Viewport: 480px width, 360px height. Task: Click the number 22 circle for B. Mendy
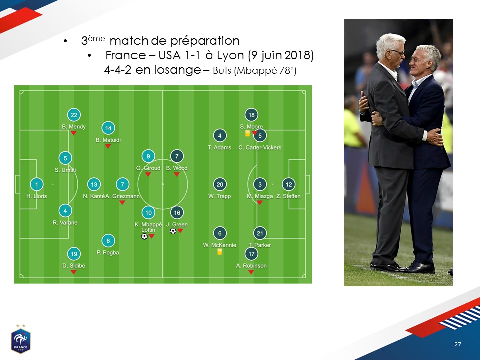pyautogui.click(x=74, y=115)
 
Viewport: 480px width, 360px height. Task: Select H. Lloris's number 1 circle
pyautogui.click(x=36, y=184)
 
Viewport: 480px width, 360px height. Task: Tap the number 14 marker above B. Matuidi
pyautogui.click(x=108, y=128)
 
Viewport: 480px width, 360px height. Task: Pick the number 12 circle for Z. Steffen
pyautogui.click(x=288, y=184)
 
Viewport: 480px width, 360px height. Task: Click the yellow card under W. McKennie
pyautogui.click(x=219, y=252)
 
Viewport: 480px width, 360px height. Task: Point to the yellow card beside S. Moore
pyautogui.click(x=247, y=133)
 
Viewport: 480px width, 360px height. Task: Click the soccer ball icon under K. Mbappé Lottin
pyautogui.click(x=144, y=236)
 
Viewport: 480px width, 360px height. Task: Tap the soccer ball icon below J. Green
pyautogui.click(x=173, y=231)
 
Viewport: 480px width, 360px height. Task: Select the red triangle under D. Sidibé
pyautogui.click(x=74, y=272)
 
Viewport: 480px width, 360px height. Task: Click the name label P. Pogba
pyautogui.click(x=108, y=253)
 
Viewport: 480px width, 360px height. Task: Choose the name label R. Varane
pyautogui.click(x=65, y=223)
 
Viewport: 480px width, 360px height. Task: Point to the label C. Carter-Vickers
pyautogui.click(x=260, y=147)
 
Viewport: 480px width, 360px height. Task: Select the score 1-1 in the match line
pyautogui.click(x=193, y=55)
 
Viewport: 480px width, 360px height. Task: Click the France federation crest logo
pyautogui.click(x=21, y=339)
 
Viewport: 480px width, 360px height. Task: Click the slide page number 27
pyautogui.click(x=457, y=344)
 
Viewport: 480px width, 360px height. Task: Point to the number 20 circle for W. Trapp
pyautogui.click(x=220, y=184)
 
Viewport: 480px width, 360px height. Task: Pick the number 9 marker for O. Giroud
pyautogui.click(x=148, y=156)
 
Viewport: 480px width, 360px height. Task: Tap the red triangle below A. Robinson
pyautogui.click(x=251, y=272)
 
